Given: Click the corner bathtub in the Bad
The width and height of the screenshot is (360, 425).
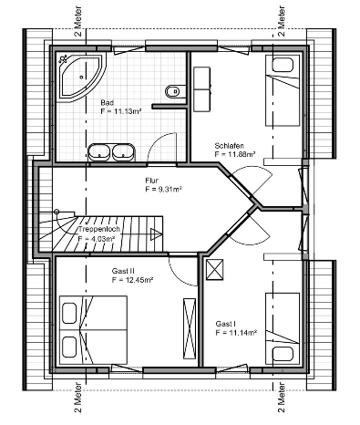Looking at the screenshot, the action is point(81,77).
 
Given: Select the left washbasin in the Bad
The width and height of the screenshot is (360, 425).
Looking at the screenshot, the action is point(99,152).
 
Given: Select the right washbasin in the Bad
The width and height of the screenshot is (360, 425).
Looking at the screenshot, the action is point(123,152).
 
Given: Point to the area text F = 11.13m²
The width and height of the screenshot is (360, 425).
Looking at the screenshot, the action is point(121,111).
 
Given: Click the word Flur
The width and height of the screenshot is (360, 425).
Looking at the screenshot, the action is point(151,181).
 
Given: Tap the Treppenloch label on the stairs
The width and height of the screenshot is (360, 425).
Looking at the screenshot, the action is point(99,229).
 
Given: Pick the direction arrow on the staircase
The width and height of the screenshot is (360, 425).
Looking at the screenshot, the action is point(156,234).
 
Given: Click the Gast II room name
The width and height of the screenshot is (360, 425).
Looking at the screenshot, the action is point(123,271).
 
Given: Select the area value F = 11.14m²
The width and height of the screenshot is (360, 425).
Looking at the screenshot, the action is point(236,333).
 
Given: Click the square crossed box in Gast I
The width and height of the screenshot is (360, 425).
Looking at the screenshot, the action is point(215,269).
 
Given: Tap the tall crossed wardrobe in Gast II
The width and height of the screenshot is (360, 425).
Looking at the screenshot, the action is point(190,328).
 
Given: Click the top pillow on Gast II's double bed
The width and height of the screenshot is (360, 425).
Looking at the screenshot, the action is point(69,313).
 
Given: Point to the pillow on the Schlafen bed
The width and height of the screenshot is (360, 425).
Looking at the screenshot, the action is point(283,65).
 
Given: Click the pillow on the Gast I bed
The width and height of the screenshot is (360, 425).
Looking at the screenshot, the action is point(283,354).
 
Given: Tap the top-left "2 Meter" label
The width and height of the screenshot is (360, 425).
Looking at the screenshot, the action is point(78,21).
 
